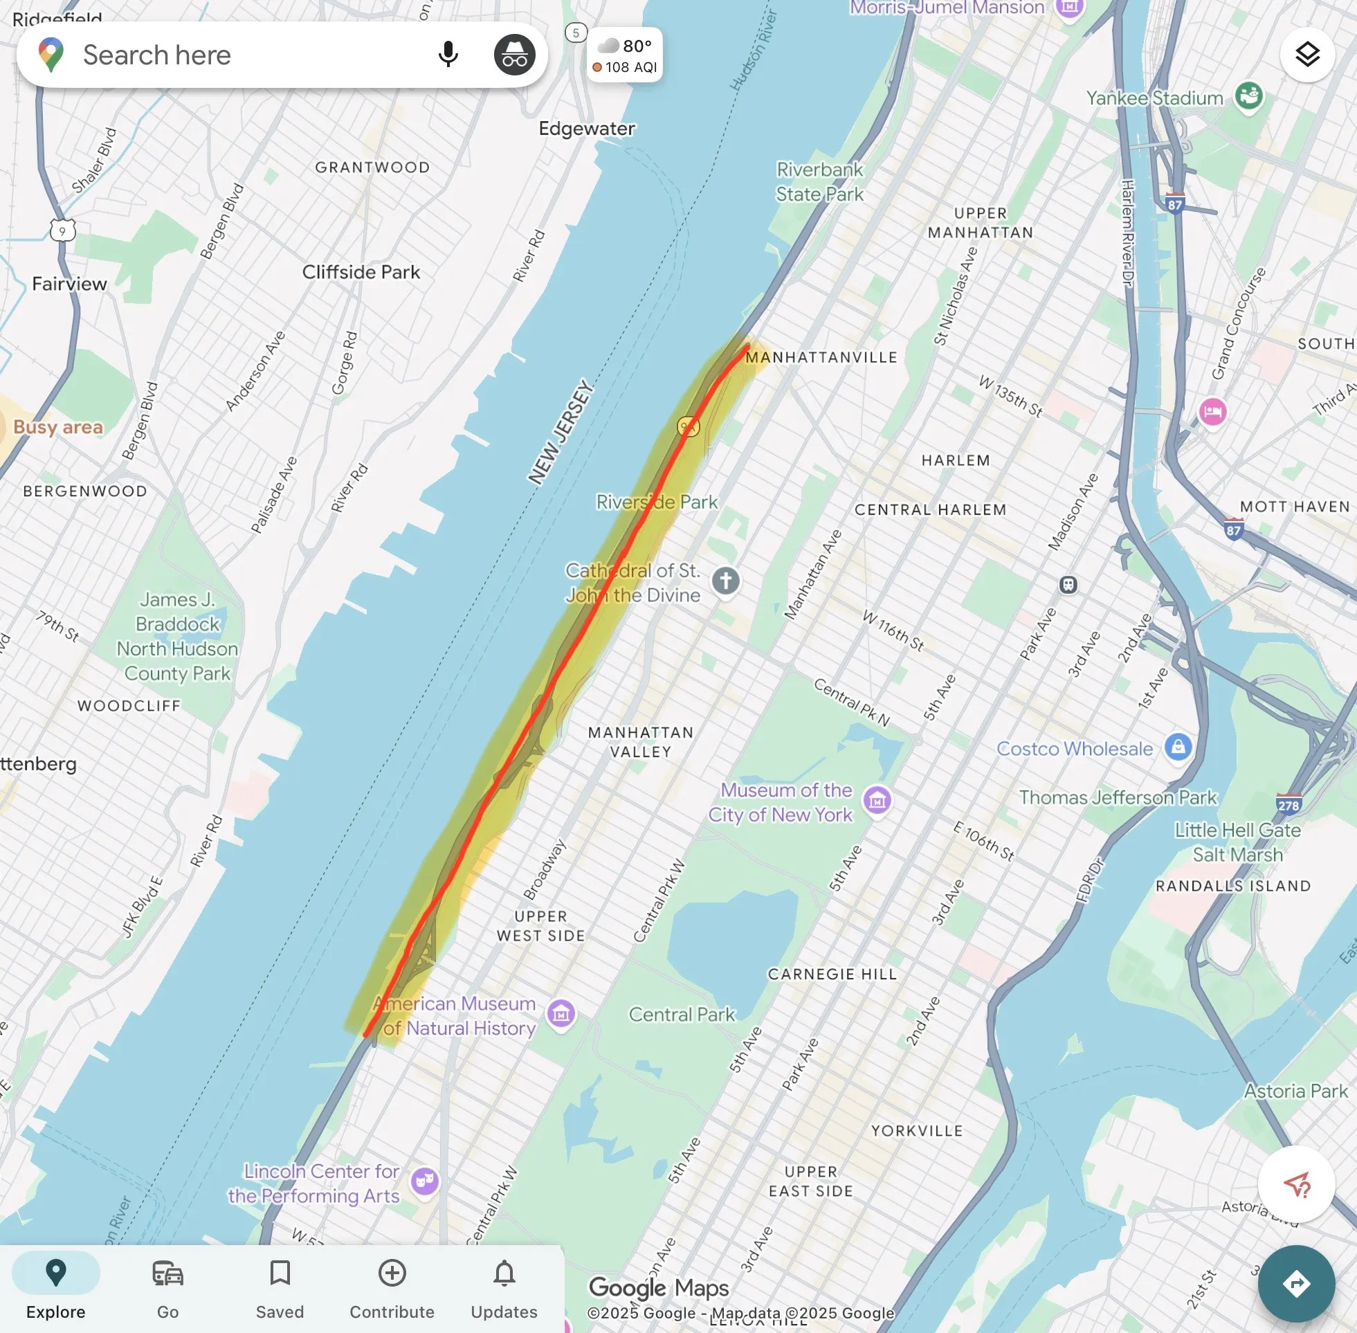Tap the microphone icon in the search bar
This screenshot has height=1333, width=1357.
[447, 55]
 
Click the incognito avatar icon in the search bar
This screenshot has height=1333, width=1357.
[514, 55]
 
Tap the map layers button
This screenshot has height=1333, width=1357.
[1306, 55]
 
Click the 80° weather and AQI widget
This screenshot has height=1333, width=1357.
[625, 55]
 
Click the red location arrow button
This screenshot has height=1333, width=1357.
[1295, 1185]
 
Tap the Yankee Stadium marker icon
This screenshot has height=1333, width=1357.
[1248, 96]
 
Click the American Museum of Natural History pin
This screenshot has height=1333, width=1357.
[561, 1013]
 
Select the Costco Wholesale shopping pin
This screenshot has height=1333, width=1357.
[1178, 747]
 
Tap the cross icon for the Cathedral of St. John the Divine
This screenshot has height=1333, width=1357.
[726, 581]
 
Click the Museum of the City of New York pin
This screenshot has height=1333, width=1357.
[877, 799]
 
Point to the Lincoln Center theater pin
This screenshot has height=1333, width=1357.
[425, 1182]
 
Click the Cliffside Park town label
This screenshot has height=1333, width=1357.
[361, 271]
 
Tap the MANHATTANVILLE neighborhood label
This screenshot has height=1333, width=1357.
[821, 357]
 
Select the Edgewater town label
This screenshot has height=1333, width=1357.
[587, 128]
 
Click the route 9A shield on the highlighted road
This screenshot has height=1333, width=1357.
[688, 426]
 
